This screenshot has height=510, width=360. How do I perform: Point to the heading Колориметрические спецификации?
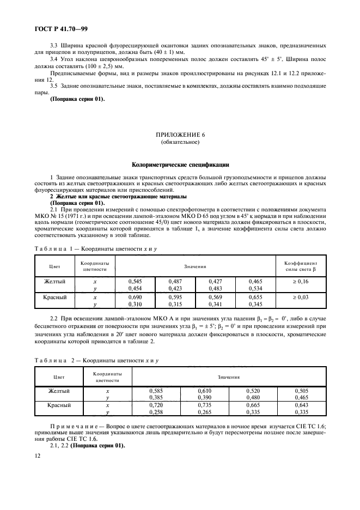[x=181, y=163]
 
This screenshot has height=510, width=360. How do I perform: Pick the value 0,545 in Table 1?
[x=134, y=282]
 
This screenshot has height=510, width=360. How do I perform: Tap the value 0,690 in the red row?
[x=134, y=298]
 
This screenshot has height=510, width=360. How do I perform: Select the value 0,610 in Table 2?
[x=204, y=391]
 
